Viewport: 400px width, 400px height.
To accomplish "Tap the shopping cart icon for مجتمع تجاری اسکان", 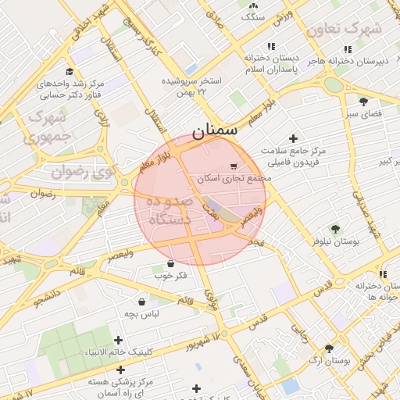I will pyautogui.click(x=234, y=166).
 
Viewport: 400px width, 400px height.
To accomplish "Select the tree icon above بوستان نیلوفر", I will pyautogui.click(x=335, y=229).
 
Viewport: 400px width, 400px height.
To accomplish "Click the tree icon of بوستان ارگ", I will pyautogui.click(x=329, y=349).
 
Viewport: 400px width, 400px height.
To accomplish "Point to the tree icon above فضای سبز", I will pyautogui.click(x=363, y=101).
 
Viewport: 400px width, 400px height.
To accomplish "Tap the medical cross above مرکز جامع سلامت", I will pyautogui.click(x=293, y=138).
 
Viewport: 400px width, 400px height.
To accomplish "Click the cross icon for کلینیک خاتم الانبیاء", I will pyautogui.click(x=118, y=340).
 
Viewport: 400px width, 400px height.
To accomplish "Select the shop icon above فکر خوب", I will pyautogui.click(x=170, y=263).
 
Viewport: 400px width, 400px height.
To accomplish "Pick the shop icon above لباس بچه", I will pyautogui.click(x=141, y=302).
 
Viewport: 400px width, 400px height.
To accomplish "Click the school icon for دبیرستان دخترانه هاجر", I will pyautogui.click(x=348, y=49).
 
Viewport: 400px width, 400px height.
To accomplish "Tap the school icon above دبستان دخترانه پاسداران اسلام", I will pyautogui.click(x=271, y=46).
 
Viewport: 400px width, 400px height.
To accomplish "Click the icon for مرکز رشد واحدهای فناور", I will pyautogui.click(x=70, y=72).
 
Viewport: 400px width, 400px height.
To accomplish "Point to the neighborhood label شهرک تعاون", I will pyautogui.click(x=344, y=29).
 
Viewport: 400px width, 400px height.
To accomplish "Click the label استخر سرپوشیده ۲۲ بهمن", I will pyautogui.click(x=191, y=86).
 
